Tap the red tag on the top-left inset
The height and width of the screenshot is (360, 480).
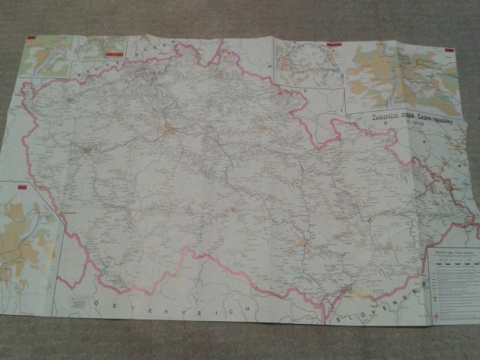click(31, 35)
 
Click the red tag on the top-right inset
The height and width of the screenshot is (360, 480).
click(448, 50)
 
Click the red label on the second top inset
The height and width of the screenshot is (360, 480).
click(114, 54)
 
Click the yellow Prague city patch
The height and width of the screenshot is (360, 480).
click(166, 132)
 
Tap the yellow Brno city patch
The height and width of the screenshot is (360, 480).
click(303, 241)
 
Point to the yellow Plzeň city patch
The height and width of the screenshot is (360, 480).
click(88, 151)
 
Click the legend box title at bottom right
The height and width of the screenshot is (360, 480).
click(450, 253)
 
